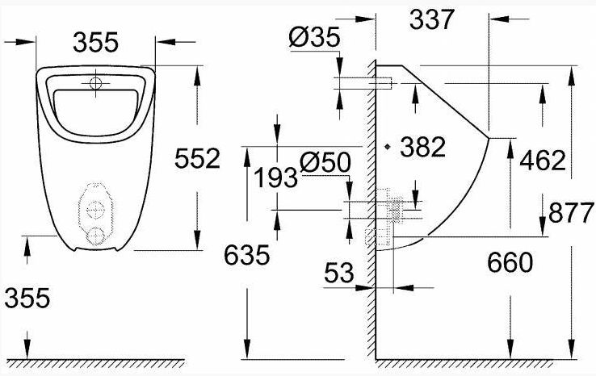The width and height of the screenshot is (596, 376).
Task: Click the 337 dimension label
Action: coord(432,19)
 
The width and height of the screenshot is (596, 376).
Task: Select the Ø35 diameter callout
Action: coord(314,37)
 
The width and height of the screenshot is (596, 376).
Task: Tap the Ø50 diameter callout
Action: coord(325,162)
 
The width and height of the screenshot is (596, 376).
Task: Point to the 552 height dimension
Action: coord(197,158)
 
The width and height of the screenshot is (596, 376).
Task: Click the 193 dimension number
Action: coord(275,178)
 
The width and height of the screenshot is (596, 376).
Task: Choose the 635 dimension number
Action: coord(246,255)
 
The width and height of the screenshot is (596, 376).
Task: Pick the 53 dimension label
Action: coord(339,272)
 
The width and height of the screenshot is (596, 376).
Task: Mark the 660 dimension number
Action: coord(510,262)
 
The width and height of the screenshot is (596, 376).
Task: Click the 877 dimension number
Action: coord(571,213)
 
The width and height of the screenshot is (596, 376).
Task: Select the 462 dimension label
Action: coord(543,160)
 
